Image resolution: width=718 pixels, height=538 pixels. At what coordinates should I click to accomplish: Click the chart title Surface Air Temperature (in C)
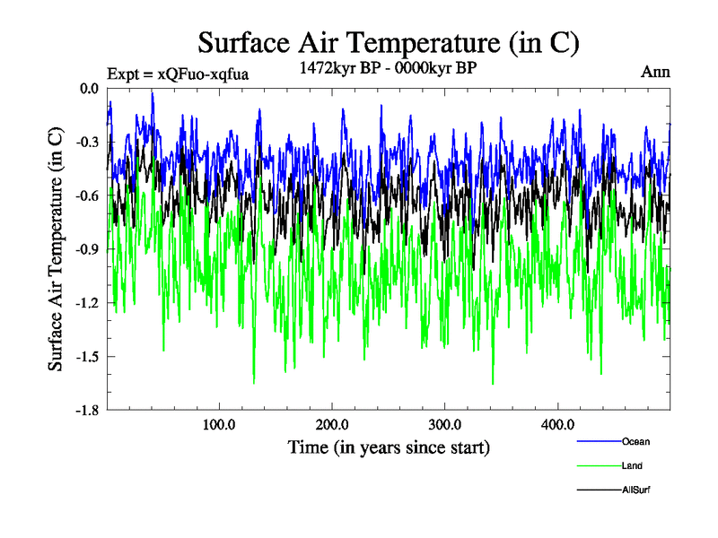[x=388, y=42]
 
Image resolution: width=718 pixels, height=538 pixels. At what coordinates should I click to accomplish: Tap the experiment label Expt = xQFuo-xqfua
[x=177, y=74]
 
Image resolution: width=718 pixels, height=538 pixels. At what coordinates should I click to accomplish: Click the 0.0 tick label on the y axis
[x=89, y=88]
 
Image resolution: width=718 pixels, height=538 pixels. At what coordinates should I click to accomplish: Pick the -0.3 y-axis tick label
[x=87, y=142]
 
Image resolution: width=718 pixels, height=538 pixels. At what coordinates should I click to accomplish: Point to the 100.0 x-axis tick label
[x=219, y=425]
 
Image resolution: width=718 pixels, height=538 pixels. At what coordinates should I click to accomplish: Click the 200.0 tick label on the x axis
[x=332, y=425]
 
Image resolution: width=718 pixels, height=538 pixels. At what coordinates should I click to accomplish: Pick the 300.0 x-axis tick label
[x=445, y=425]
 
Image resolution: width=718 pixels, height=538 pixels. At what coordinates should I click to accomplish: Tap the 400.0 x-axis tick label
[x=558, y=425]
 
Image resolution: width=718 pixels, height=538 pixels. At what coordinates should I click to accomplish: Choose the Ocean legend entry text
[x=635, y=441]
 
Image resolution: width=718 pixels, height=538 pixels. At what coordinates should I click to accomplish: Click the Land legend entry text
[x=632, y=465]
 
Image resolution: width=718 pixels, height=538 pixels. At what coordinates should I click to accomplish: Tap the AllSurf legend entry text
[x=635, y=490]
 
